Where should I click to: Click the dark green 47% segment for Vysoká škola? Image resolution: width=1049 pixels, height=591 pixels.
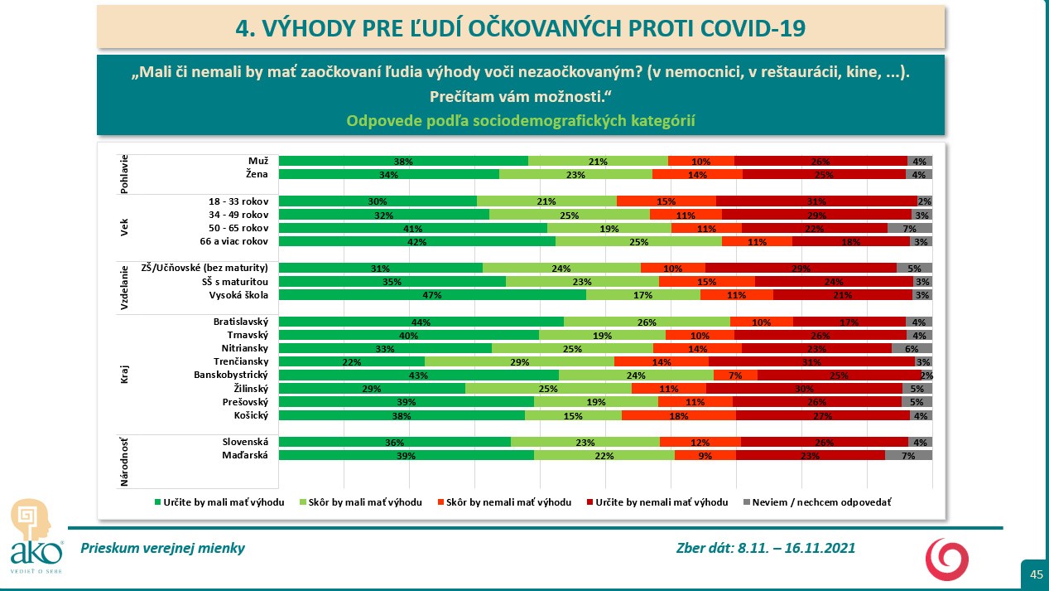[x=432, y=295]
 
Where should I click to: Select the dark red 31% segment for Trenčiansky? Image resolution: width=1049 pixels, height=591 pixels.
[x=811, y=361]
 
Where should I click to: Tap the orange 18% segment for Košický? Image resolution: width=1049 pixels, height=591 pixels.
[x=678, y=415]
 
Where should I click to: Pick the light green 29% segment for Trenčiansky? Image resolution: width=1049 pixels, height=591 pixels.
[x=519, y=361]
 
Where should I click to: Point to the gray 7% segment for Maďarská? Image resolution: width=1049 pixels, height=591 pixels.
[x=908, y=455]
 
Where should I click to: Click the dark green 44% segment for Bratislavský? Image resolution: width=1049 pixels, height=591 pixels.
[x=421, y=322]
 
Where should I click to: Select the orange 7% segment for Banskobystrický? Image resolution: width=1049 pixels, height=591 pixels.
[x=735, y=375]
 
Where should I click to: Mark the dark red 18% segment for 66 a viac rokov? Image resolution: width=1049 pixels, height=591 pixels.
[x=851, y=241]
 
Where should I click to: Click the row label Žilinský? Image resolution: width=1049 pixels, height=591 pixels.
[x=251, y=388]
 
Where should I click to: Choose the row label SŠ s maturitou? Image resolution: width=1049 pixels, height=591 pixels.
[x=235, y=281]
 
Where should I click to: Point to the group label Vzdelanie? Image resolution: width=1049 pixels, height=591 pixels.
[x=124, y=288]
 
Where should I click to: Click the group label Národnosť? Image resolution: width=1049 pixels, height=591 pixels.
[x=124, y=455]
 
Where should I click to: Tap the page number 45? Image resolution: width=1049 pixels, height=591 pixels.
[x=1036, y=574]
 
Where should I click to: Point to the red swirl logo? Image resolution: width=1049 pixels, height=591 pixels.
[x=946, y=558]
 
